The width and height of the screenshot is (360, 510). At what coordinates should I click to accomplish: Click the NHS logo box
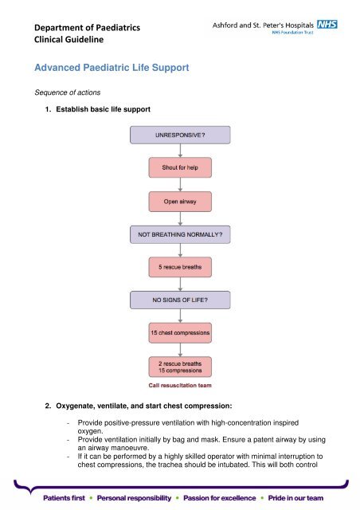[327, 25]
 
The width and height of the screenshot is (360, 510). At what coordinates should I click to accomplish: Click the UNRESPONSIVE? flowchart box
[180, 135]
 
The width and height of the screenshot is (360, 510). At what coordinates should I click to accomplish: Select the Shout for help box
[180, 167]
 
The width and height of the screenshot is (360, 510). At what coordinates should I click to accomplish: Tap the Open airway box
[180, 202]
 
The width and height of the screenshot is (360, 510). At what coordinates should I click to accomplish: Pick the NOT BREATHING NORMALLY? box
[180, 234]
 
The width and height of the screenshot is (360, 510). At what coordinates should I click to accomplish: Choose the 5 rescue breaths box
[180, 267]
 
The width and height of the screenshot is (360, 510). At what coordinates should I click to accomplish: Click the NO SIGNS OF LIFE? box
[180, 300]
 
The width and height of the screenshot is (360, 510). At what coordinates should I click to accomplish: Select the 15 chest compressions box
[180, 333]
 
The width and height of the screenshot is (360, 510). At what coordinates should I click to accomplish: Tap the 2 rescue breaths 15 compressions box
[180, 367]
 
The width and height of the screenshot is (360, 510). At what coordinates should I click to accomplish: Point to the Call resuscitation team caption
[180, 386]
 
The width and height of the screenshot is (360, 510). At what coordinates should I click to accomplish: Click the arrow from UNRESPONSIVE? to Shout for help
[180, 151]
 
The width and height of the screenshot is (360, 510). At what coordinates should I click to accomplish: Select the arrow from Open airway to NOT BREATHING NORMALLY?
[180, 218]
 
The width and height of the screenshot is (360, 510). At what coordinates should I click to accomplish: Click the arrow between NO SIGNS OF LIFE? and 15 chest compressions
[180, 316]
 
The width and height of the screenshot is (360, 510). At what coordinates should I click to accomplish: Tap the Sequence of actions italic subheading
[68, 92]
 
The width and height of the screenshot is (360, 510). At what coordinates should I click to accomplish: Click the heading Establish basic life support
[103, 109]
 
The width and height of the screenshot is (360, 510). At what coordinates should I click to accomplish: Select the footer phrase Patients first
[64, 498]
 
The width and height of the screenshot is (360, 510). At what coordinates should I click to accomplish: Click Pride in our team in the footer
[295, 498]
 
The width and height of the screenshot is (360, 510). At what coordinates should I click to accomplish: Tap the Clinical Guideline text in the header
[69, 39]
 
